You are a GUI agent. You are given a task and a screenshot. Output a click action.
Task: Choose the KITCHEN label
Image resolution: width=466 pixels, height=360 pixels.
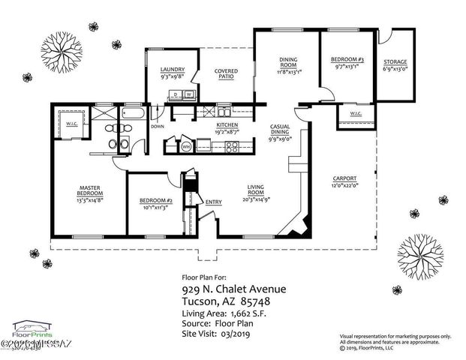(227, 125)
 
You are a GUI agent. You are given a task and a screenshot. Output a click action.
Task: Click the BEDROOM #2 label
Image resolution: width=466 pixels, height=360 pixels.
(157, 202)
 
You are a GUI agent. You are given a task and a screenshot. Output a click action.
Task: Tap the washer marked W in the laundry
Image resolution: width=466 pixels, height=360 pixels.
(188, 94)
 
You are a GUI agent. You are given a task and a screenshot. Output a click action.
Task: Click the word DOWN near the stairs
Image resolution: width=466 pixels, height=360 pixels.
(158, 127)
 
